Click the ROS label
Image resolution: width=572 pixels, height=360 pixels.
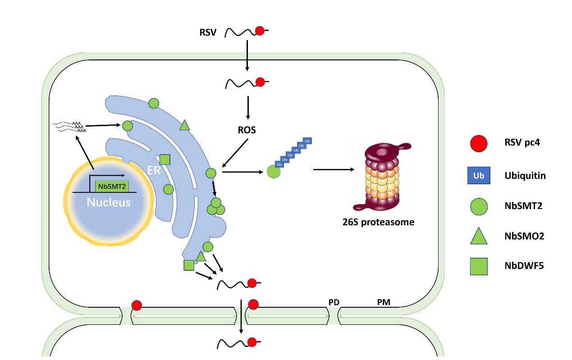pos(247,130)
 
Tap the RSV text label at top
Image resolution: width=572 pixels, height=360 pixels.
pos(208,32)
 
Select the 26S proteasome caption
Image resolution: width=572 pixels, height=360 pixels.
pos(378,222)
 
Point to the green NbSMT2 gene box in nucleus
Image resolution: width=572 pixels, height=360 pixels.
pos(112,187)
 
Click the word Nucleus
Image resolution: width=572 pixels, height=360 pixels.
pos(109,202)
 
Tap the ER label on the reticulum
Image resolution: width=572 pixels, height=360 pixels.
pos(154,170)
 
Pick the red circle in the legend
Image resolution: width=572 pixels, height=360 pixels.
pos(479,143)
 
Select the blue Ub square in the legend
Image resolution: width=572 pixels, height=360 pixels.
pos(479,175)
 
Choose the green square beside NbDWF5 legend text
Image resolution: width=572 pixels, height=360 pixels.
pos(479,266)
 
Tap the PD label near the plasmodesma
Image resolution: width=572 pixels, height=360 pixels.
pos(334,302)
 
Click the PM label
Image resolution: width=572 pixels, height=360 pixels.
pos(384,302)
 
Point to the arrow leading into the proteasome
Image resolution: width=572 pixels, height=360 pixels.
pos(334,169)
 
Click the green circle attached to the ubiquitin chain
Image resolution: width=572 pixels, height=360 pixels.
pos(274,172)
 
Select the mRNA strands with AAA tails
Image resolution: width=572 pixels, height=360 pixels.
pos(69,127)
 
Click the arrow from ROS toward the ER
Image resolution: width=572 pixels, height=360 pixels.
pos(235,153)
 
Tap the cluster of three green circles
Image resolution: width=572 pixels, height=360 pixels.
pos(216,206)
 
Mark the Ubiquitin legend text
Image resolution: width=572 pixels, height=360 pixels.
pos(525,176)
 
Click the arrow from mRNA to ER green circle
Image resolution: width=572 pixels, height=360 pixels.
pos(103,125)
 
